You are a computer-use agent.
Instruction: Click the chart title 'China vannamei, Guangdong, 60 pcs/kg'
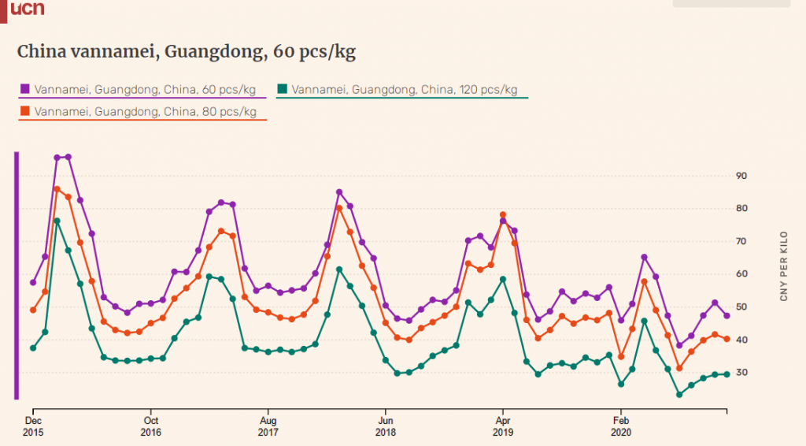186,52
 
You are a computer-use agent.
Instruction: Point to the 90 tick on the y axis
741,176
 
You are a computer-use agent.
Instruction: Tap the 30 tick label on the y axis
741,373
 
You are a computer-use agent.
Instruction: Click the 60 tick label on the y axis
741,274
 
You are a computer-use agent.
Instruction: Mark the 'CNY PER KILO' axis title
783,266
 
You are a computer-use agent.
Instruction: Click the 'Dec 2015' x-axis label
33,426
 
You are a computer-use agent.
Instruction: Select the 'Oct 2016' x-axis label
150,426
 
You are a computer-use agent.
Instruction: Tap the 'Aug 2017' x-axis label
268,426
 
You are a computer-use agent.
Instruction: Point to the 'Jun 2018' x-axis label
385,426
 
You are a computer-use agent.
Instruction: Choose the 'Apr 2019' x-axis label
503,426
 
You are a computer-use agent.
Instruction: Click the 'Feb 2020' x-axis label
620,426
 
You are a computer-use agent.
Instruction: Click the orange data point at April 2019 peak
503,215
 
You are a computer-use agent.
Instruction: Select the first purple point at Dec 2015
33,282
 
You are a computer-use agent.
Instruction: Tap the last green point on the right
727,374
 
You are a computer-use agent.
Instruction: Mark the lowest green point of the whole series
679,394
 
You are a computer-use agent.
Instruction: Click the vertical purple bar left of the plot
17,276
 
